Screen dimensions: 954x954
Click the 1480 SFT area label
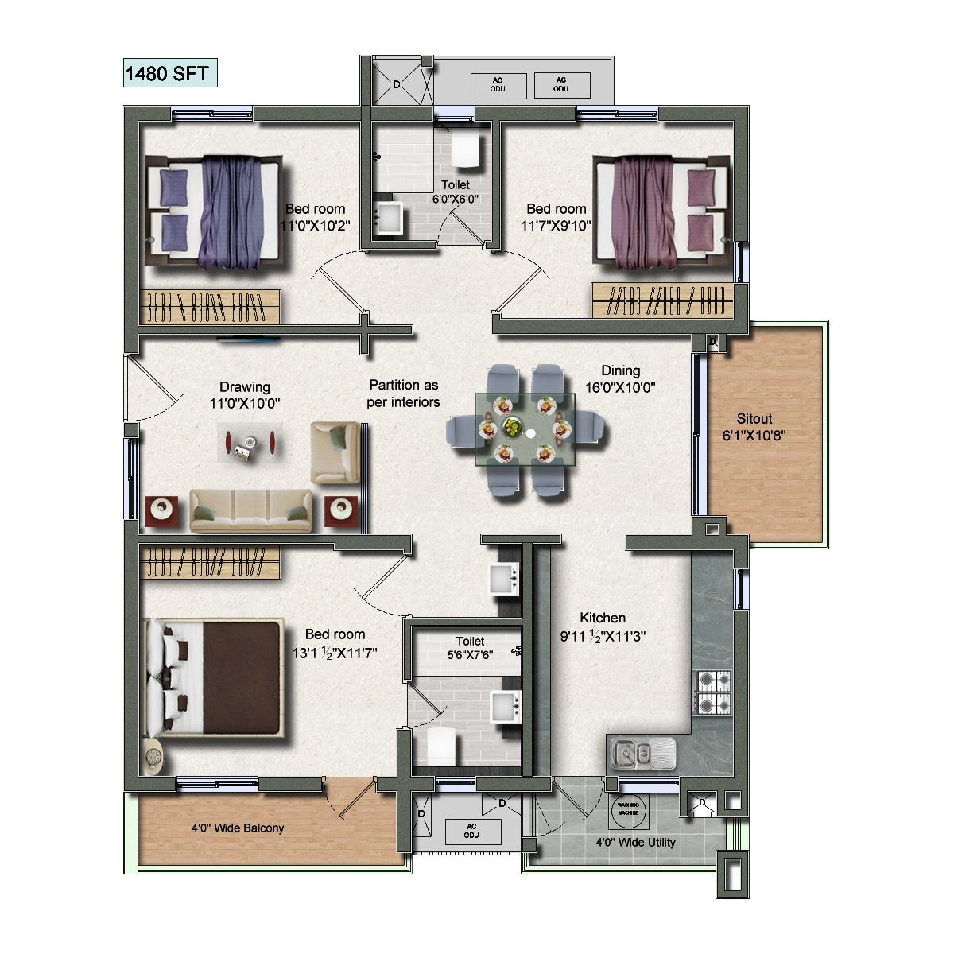pyautogui.click(x=167, y=74)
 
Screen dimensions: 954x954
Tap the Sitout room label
pyautogui.click(x=754, y=419)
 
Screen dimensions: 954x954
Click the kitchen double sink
pyautogui.click(x=642, y=754)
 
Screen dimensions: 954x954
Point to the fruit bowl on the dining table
pyautogui.click(x=511, y=426)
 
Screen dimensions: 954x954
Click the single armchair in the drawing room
pyautogui.click(x=335, y=453)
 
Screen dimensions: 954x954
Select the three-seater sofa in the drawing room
pyautogui.click(x=251, y=511)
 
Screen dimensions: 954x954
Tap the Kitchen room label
pyautogui.click(x=603, y=618)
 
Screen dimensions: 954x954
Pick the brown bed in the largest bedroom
pyautogui.click(x=213, y=678)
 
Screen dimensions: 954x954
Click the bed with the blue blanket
pyautogui.click(x=213, y=212)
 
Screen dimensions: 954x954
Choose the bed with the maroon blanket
pyautogui.click(x=662, y=213)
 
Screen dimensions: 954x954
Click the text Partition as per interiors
pyautogui.click(x=404, y=394)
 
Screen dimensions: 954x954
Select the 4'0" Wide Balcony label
pyautogui.click(x=238, y=828)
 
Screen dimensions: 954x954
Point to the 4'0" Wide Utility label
pyautogui.click(x=636, y=842)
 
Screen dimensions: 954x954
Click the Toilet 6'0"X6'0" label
pyautogui.click(x=456, y=192)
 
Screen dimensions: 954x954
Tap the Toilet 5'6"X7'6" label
pyautogui.click(x=470, y=648)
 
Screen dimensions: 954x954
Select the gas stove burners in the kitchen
pyautogui.click(x=715, y=692)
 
